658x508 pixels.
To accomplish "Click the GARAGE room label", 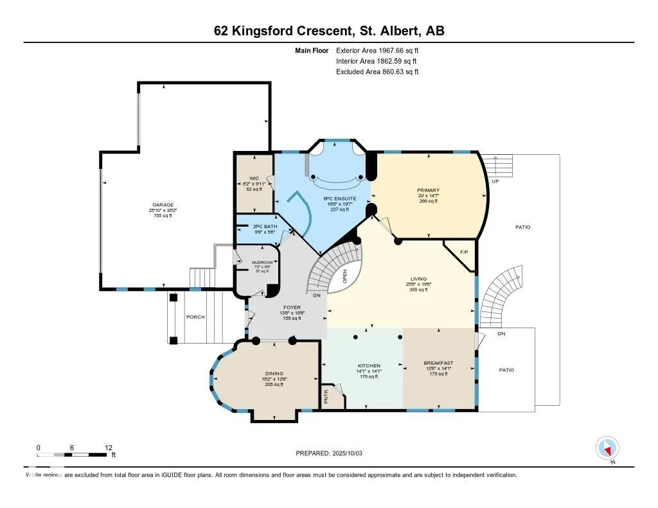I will [163, 205].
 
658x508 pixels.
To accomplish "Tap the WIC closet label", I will [254, 179].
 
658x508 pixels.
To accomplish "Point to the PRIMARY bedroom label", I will [428, 191].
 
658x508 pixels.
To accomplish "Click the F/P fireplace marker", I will [463, 252].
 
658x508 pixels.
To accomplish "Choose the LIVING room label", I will [419, 279].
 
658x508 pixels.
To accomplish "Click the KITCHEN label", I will [369, 365].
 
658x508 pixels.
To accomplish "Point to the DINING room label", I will [274, 373].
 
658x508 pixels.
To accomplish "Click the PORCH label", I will [195, 317].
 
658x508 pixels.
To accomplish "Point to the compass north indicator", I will [607, 448].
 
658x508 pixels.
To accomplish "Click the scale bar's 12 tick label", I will [107, 447].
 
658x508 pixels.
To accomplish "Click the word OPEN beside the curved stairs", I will [345, 277].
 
